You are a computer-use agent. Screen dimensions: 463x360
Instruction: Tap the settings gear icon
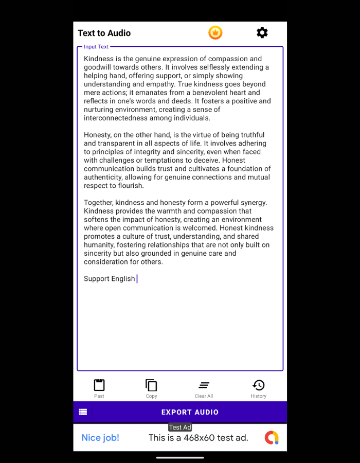[x=262, y=33]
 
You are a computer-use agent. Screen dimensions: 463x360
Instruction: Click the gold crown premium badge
[x=215, y=33]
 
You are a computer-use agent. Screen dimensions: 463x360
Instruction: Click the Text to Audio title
[x=104, y=33]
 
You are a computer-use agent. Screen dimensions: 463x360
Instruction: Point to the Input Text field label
[x=96, y=47]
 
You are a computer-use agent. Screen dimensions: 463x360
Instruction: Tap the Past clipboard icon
[x=99, y=385]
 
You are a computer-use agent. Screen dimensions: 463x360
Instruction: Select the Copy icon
[x=151, y=385]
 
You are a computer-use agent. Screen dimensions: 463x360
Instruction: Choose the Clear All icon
[x=204, y=385]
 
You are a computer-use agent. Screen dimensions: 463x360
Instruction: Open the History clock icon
[x=258, y=385]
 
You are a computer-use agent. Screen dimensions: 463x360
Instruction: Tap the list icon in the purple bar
[x=83, y=412]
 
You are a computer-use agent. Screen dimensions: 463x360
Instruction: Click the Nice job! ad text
[x=100, y=438]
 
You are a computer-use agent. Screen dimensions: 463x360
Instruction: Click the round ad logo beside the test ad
[x=272, y=438]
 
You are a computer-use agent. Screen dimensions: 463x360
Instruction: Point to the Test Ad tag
[x=180, y=428]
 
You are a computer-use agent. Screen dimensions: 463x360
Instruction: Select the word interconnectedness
[x=116, y=118]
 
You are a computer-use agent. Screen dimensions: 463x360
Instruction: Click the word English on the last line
[x=123, y=279]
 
